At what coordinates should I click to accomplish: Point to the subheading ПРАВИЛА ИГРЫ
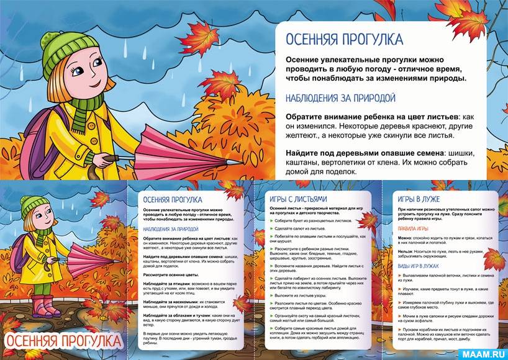coord(412,227)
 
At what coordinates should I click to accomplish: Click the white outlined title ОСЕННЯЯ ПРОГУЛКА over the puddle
coord(63,341)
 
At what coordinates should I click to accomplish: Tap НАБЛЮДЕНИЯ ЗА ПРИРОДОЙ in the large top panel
coord(340,98)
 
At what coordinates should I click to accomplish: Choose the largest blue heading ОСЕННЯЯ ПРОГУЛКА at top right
coord(344,40)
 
